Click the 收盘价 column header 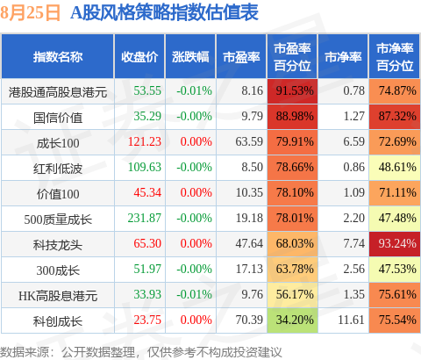[x=139, y=57]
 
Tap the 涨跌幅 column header [x=190, y=57]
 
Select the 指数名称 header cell [x=58, y=57]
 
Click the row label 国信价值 [x=58, y=118]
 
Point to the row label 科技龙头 [x=58, y=245]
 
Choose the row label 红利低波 [x=58, y=169]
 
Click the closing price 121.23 [x=145, y=141]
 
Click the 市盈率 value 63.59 [x=249, y=141]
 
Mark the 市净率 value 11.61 [x=351, y=320]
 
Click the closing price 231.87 [x=145, y=218]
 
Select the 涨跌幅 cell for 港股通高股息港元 [x=194, y=90]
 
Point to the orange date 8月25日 [x=30, y=13]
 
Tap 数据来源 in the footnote [x=25, y=352]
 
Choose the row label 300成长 [x=58, y=270]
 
